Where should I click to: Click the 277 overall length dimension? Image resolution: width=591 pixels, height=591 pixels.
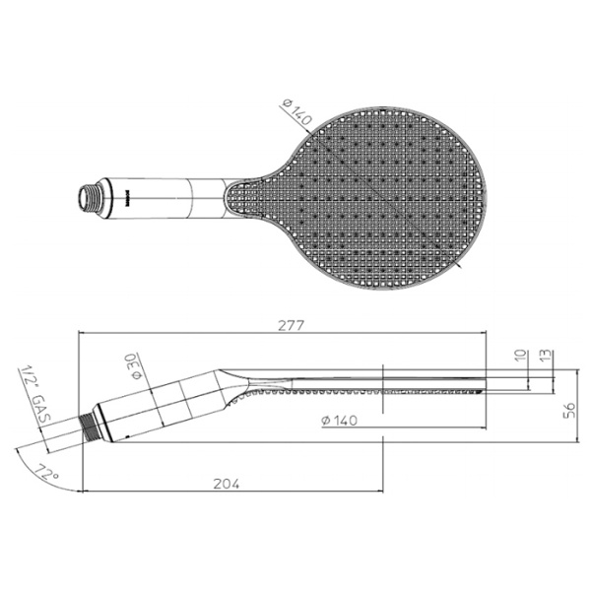(292, 325)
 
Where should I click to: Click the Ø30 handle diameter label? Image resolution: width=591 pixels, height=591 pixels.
(136, 366)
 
